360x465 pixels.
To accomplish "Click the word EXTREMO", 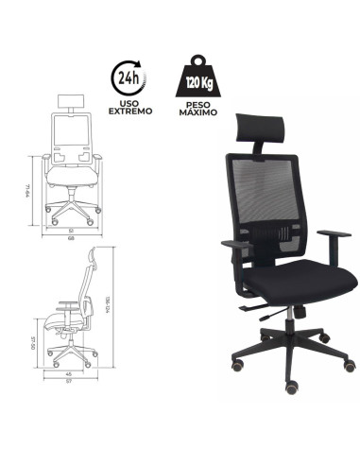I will tap(129, 112).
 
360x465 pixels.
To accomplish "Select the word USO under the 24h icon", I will tap(129, 102).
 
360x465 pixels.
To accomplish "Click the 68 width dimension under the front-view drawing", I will tap(72, 236).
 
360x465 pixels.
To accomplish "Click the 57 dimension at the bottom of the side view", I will tap(69, 384).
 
